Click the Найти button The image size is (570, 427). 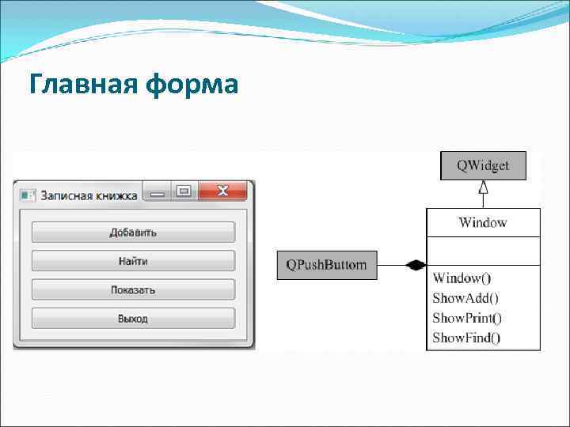[x=133, y=261]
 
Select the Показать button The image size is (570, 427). [x=133, y=289]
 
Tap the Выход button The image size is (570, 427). [x=133, y=319]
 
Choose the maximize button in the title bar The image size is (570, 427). [x=184, y=191]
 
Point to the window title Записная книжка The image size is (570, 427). [x=89, y=195]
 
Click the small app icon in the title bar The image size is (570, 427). [x=28, y=195]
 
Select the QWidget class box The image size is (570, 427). [x=483, y=166]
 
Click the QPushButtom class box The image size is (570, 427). [x=327, y=265]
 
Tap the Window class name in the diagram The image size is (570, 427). [x=483, y=222]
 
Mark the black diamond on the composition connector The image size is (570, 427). [x=415, y=266]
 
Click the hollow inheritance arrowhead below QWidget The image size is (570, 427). [x=483, y=188]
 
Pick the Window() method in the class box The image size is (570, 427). [x=462, y=278]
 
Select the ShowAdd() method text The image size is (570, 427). [x=465, y=298]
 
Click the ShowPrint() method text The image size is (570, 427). [x=467, y=318]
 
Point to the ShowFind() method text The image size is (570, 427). [x=466, y=338]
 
